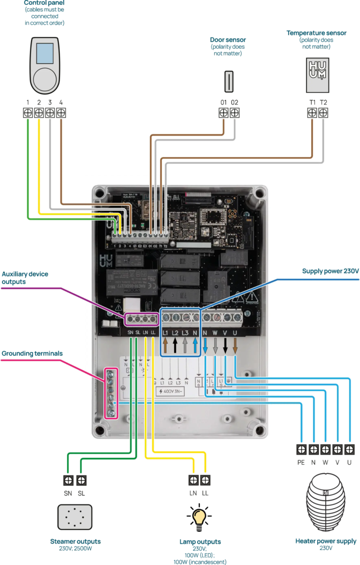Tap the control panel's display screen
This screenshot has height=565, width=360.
(x=45, y=53)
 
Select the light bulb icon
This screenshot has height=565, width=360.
(x=200, y=516)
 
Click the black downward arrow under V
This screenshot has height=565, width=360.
(x=225, y=346)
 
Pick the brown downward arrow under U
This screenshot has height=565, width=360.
(x=235, y=346)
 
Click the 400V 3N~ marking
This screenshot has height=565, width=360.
(x=171, y=392)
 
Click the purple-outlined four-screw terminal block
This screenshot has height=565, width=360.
(x=141, y=319)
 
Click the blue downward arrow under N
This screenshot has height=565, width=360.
(x=205, y=346)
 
